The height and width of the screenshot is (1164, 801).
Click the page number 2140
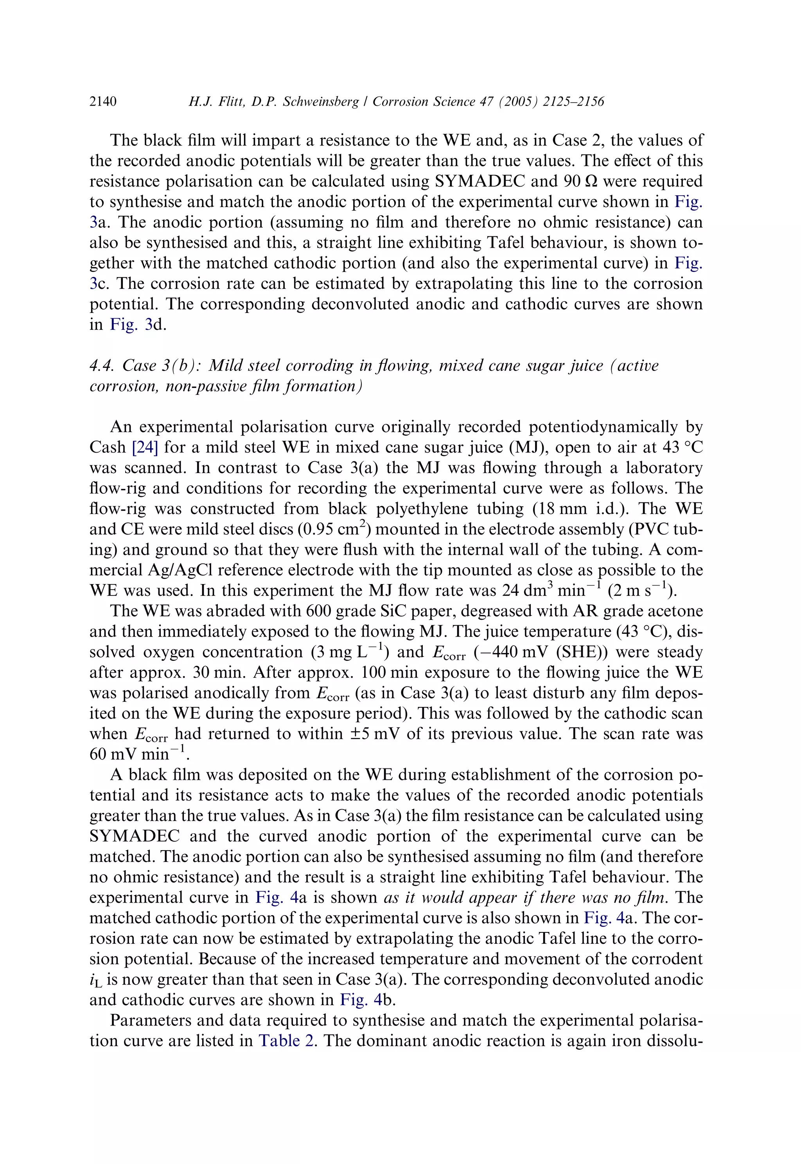(x=103, y=102)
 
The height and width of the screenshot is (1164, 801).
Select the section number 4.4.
(x=103, y=365)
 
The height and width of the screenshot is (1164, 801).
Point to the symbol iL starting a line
(x=95, y=979)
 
